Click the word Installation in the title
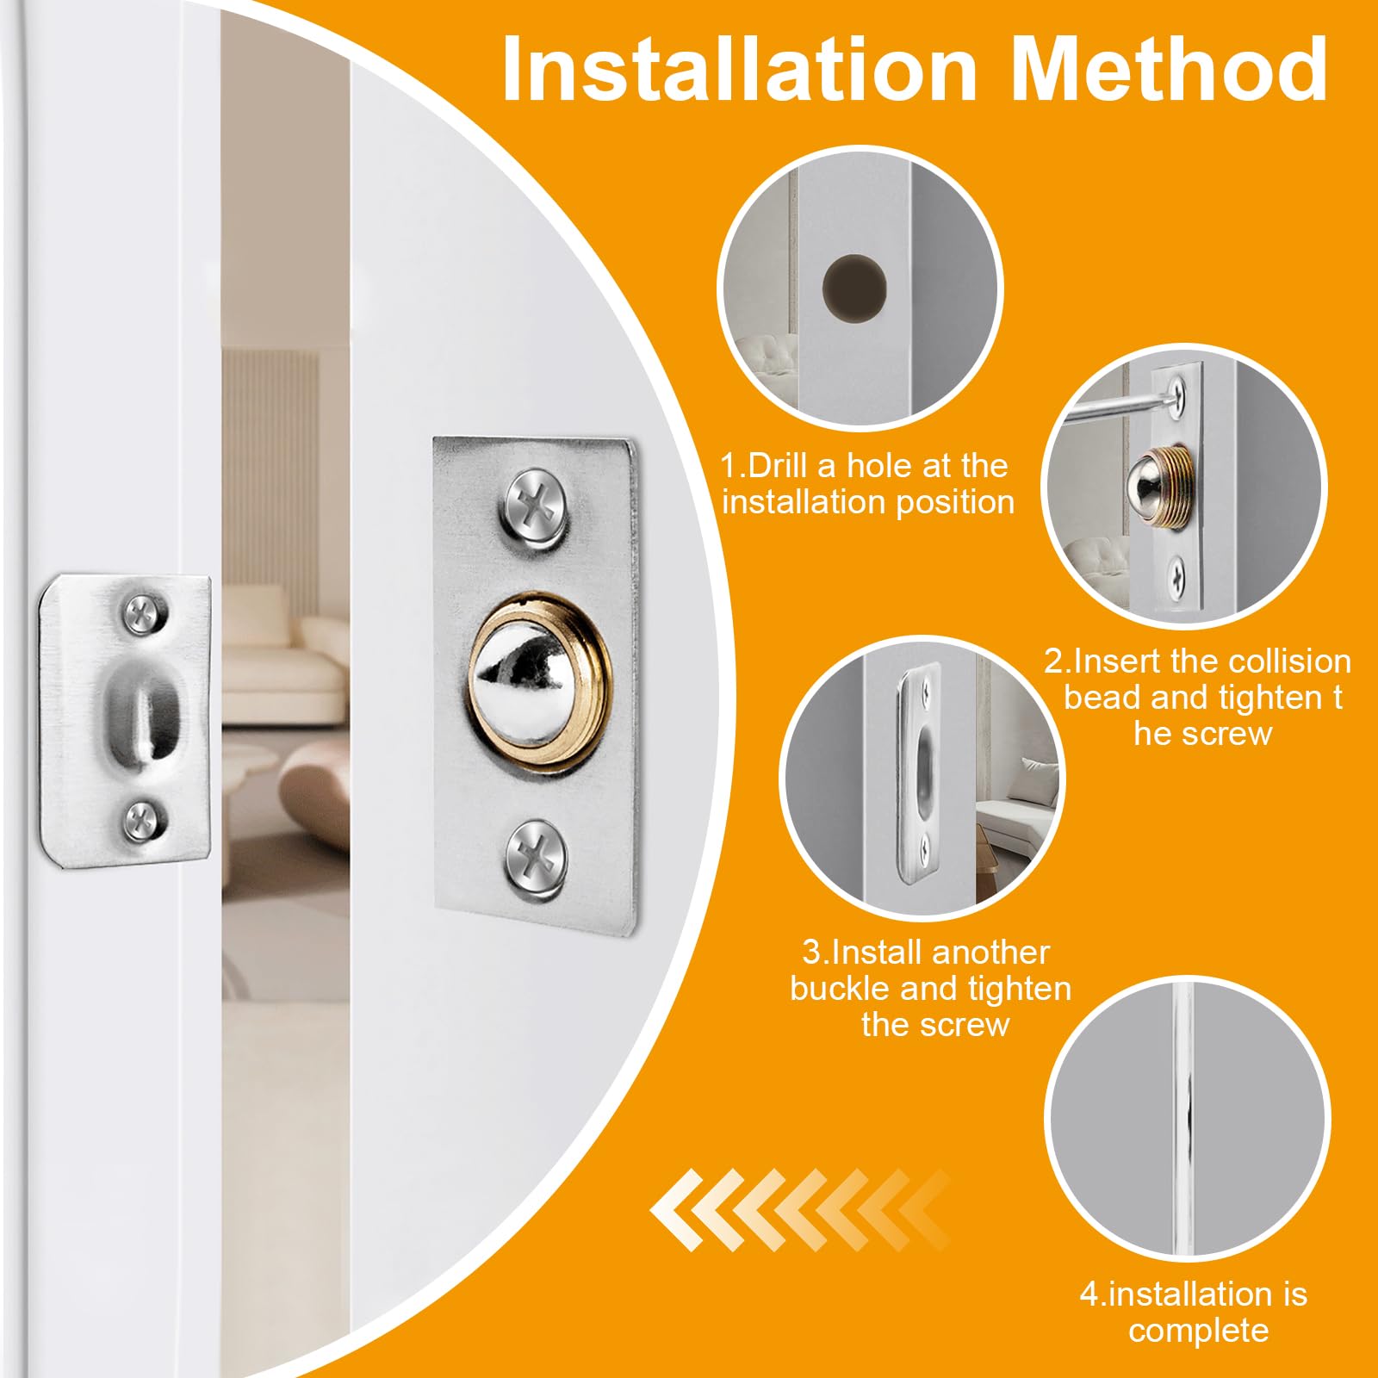(x=739, y=69)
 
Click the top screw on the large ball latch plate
(x=535, y=506)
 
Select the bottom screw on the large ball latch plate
(x=536, y=856)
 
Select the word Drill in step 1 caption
(x=779, y=466)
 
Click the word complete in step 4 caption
(x=1198, y=1331)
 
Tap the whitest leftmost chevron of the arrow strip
(x=677, y=1210)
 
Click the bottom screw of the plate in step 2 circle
(x=1178, y=570)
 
